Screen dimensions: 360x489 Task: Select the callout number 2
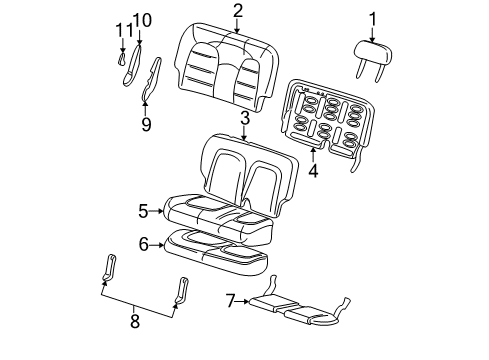[237, 11]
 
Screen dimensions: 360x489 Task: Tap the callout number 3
[244, 118]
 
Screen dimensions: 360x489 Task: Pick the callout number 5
[143, 210]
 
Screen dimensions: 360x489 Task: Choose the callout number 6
[143, 243]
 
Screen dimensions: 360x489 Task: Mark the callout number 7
[230, 299]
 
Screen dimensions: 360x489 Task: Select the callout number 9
[145, 124]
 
